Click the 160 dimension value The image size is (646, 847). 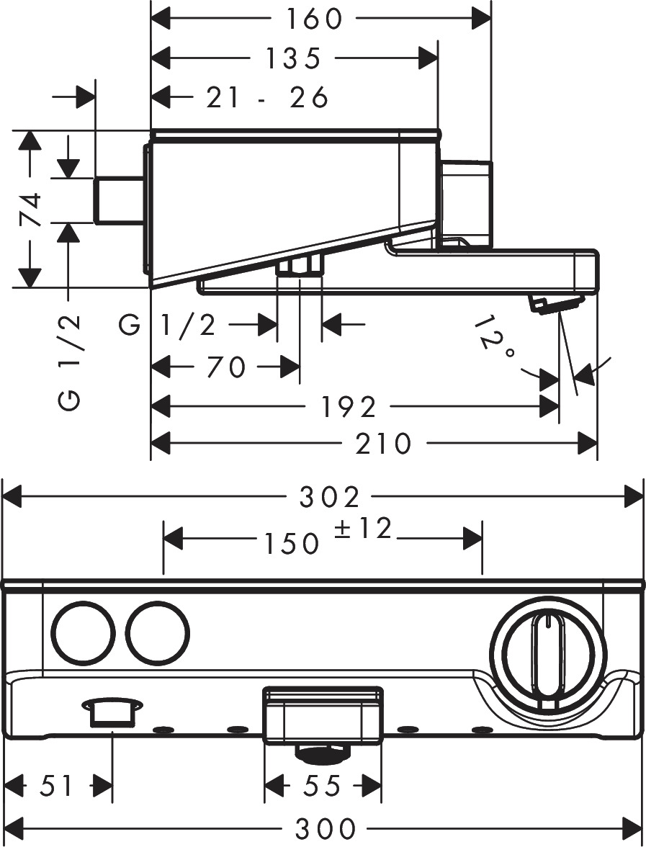click(x=314, y=19)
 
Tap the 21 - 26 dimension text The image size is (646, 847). click(x=267, y=97)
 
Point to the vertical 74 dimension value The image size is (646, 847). click(x=30, y=210)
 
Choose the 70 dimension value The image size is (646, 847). click(x=225, y=368)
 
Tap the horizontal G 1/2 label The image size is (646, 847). click(x=168, y=326)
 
